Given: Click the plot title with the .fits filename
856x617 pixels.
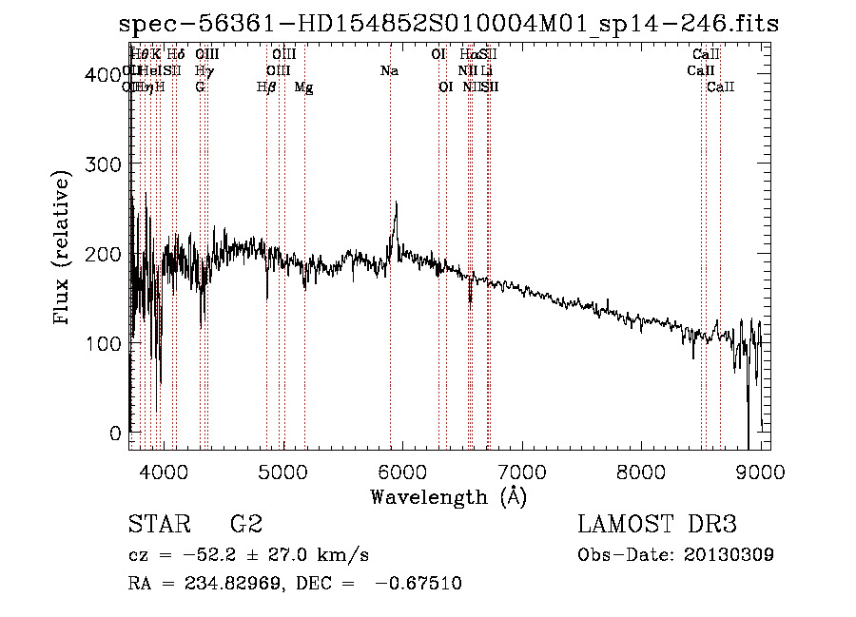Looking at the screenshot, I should [447, 24].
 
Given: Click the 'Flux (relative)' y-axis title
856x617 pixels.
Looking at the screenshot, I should [63, 249].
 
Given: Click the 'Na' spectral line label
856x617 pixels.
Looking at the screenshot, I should [388, 70].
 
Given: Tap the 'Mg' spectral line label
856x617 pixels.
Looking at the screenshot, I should [304, 87].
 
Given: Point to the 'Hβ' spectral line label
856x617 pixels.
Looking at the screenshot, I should [266, 87].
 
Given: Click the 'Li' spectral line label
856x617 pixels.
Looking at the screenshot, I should [486, 70].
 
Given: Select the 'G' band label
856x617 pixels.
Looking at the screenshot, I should [200, 87].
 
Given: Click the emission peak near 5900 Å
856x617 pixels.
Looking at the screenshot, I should [396, 204].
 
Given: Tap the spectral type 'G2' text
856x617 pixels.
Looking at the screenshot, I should [245, 525].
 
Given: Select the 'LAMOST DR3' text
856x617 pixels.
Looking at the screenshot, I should [656, 525].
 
